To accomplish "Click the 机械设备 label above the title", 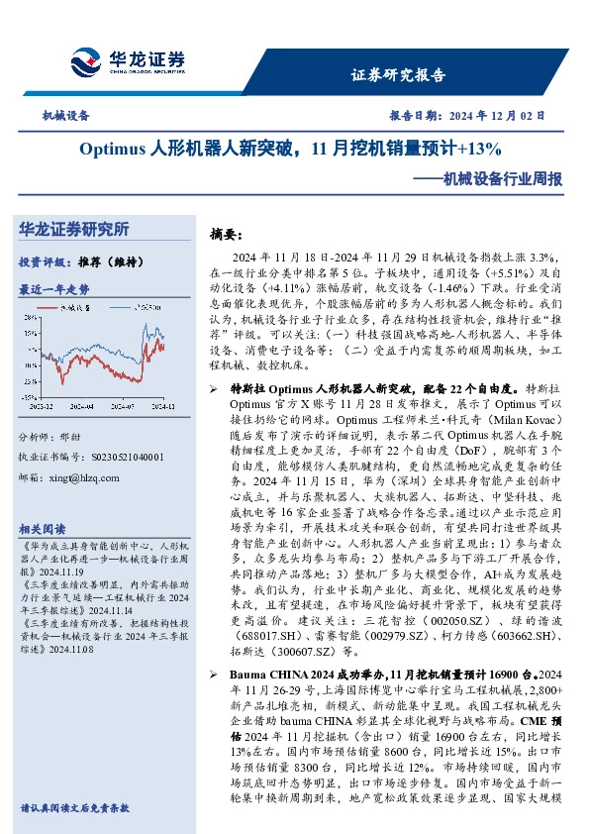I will point(65,116).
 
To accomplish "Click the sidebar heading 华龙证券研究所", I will point(74,230).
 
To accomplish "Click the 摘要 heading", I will point(226,235).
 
